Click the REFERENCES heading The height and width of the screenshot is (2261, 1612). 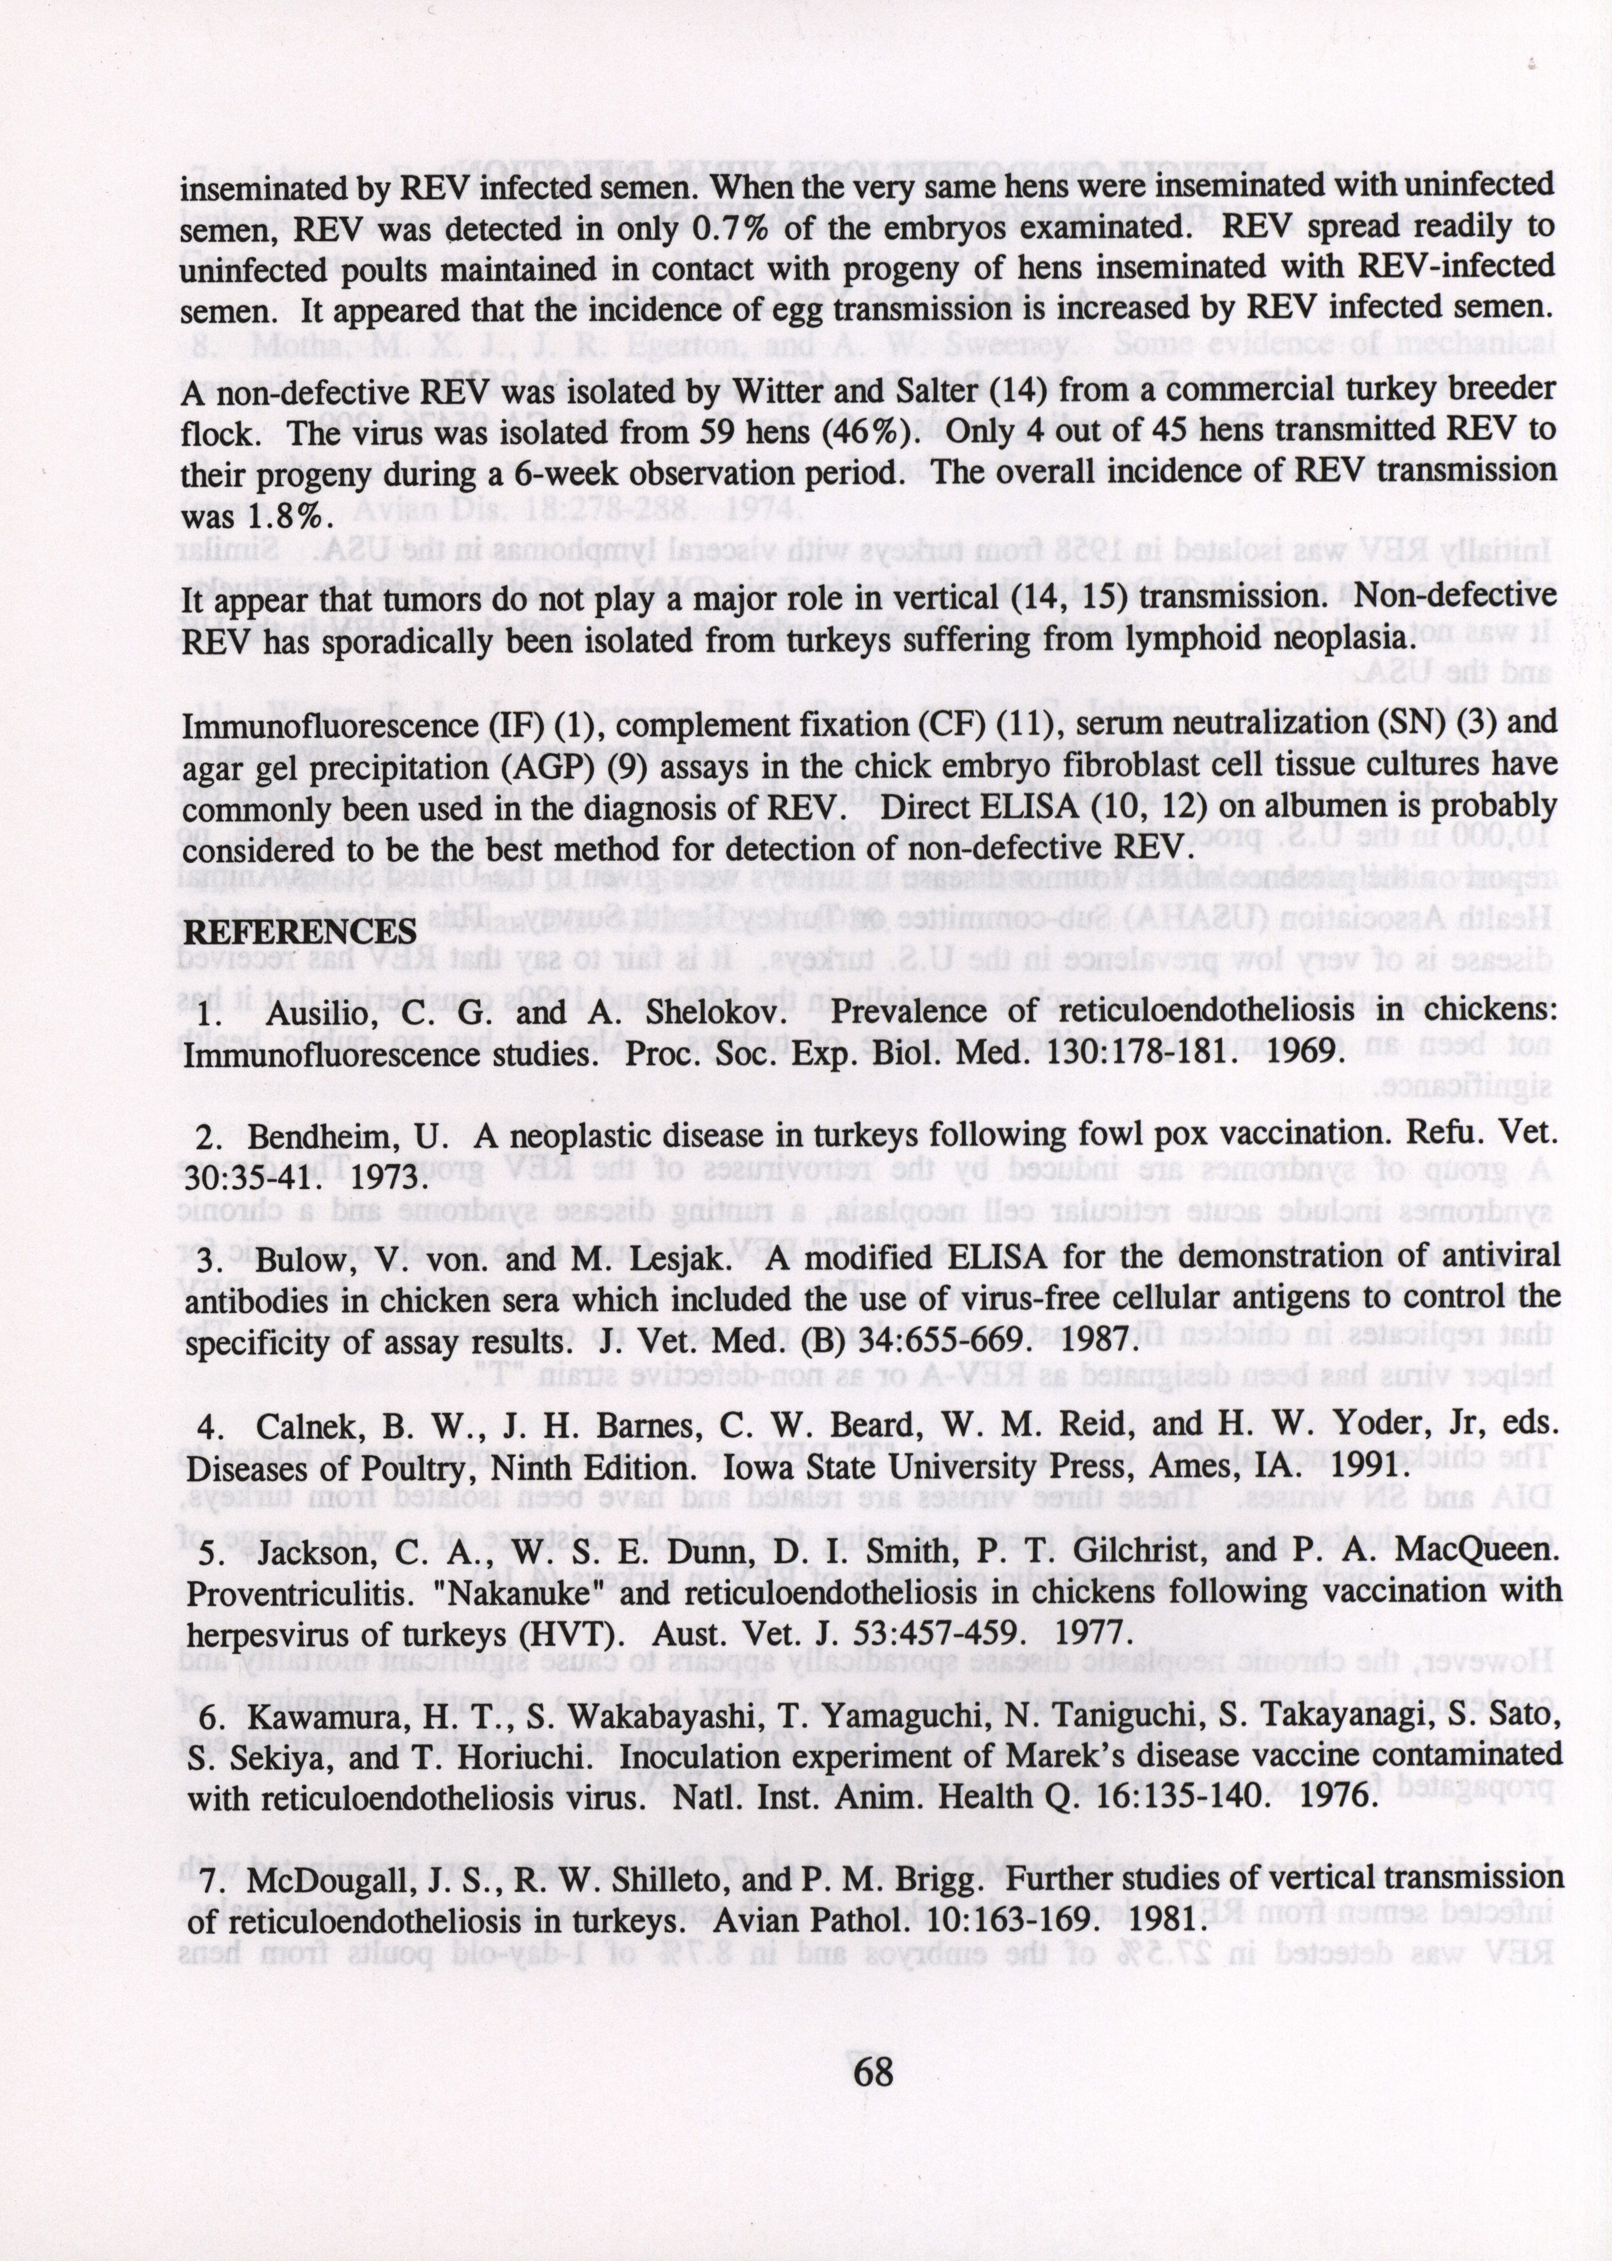300,931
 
